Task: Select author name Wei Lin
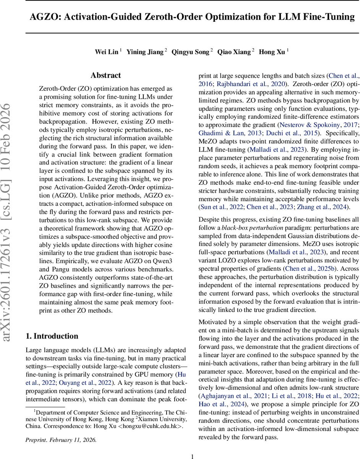(106, 52)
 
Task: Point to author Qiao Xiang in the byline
(234, 52)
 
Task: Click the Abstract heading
(105, 75)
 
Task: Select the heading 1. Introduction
(52, 336)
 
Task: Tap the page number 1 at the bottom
(193, 456)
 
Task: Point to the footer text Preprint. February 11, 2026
(61, 440)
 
